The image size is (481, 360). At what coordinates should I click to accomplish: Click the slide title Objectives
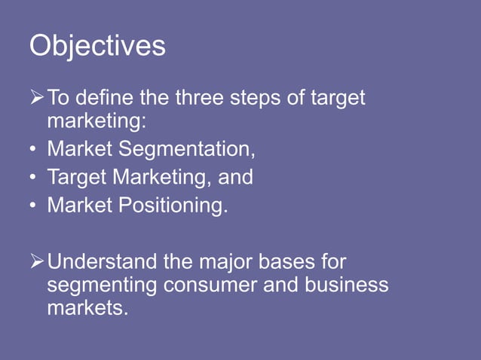[97, 47]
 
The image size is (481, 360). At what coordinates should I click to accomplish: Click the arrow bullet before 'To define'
[37, 98]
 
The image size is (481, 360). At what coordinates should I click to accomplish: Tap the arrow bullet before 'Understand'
[37, 263]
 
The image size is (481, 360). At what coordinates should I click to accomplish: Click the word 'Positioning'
[171, 206]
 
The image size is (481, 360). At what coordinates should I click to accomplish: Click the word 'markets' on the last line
[84, 307]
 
